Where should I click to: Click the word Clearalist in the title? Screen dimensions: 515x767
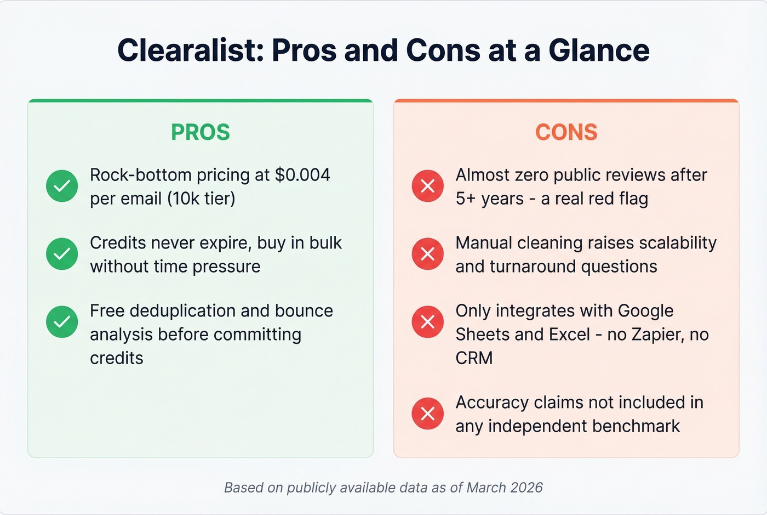click(186, 50)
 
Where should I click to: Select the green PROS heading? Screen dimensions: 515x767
click(201, 132)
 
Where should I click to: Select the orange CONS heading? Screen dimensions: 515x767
click(566, 132)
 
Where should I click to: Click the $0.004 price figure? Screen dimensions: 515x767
click(302, 175)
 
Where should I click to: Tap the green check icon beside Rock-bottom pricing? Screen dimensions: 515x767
click(62, 186)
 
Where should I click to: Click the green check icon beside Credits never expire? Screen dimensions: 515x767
click(62, 254)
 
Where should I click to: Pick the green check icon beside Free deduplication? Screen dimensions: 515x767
click(62, 321)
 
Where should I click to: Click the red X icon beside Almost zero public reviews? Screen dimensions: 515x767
click(428, 186)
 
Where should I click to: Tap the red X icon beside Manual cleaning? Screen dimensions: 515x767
click(428, 254)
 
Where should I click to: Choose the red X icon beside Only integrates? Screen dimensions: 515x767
click(428, 321)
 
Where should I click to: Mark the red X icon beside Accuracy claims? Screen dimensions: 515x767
click(428, 413)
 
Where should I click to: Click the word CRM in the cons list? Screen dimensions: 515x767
click(474, 358)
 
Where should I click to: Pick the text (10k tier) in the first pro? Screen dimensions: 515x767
click(201, 199)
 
